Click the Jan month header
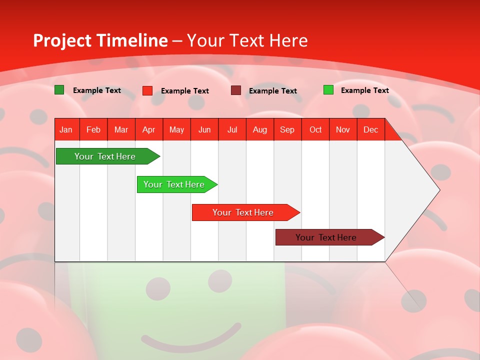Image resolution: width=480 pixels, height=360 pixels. (66, 130)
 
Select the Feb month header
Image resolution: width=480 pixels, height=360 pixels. (93, 130)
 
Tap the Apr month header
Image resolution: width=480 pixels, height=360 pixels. (148, 130)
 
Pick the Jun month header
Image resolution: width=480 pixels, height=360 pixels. (204, 130)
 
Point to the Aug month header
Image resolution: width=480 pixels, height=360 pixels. (259, 130)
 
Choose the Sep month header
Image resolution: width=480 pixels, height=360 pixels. (287, 130)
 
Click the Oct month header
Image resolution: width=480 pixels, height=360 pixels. (315, 130)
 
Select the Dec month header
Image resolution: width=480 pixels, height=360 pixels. (370, 130)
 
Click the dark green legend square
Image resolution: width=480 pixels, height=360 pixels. (59, 90)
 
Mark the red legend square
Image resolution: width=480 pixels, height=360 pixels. (147, 90)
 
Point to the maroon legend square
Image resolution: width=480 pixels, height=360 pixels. (236, 90)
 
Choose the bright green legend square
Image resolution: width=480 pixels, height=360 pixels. (328, 90)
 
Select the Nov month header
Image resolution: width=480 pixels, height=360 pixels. (343, 130)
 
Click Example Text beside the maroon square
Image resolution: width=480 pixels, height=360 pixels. (273, 91)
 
